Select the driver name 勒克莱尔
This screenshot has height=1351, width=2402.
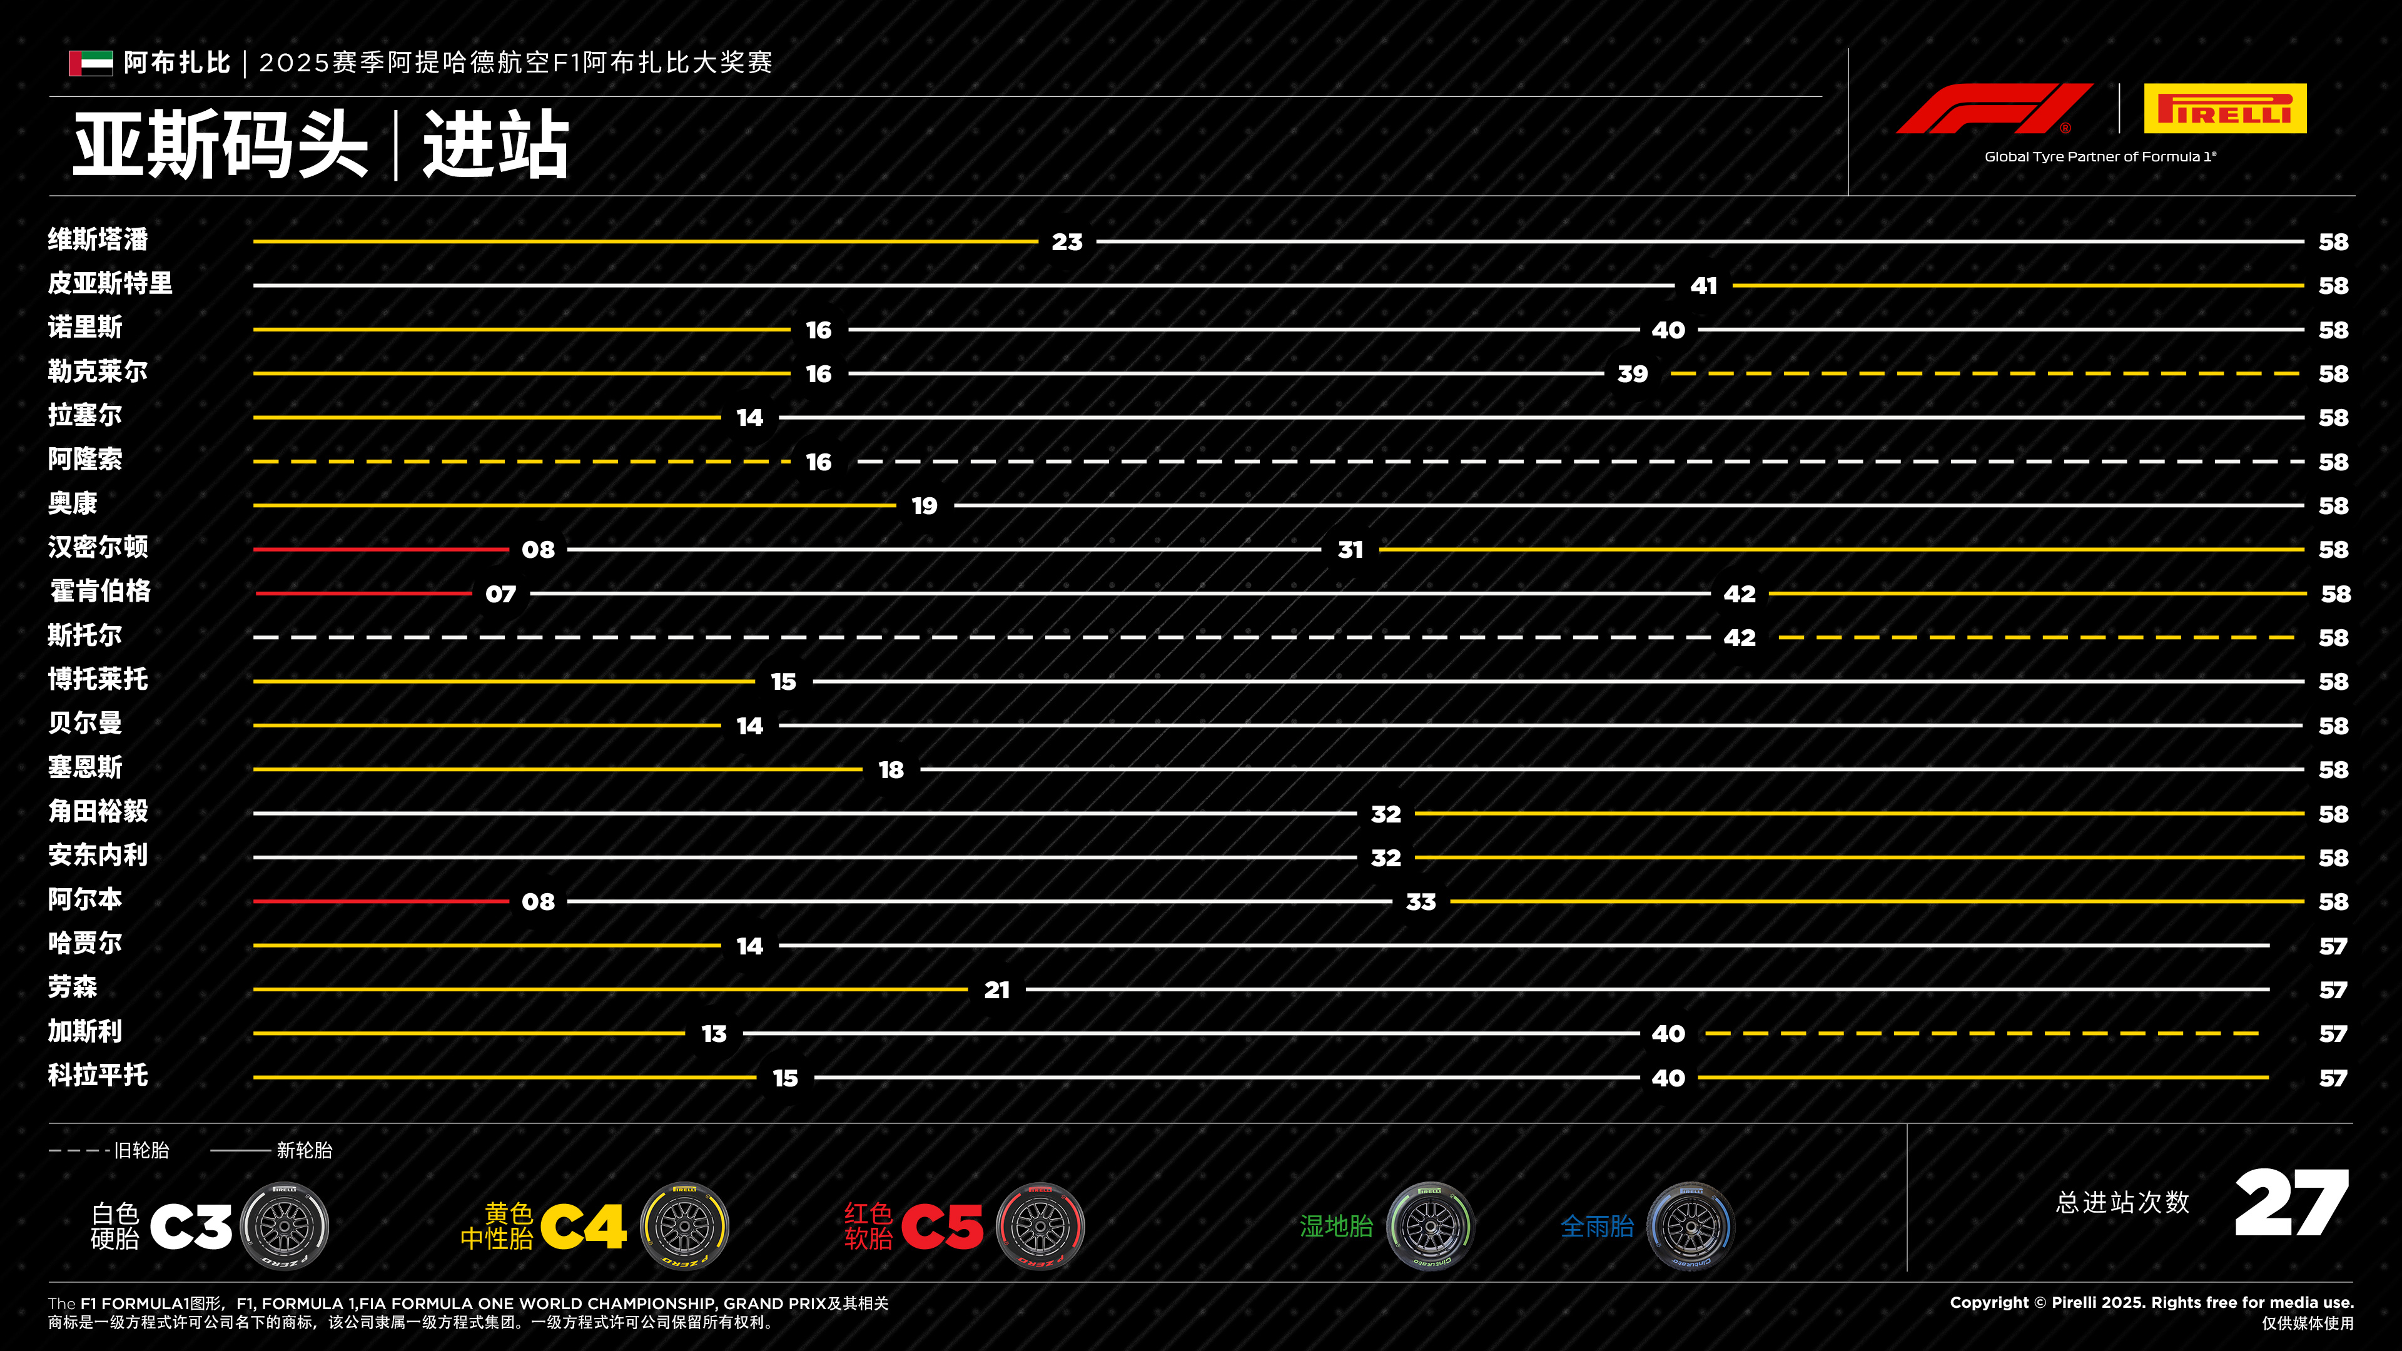coord(98,371)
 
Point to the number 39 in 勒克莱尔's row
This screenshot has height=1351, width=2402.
coord(1633,374)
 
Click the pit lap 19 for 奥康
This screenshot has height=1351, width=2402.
coord(924,506)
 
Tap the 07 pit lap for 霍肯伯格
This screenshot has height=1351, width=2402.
coord(500,594)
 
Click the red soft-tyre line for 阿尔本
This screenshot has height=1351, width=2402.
coord(382,901)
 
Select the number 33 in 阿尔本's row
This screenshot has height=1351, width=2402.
coord(1421,901)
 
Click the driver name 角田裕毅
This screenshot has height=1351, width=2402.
coord(98,811)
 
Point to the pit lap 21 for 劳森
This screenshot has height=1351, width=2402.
coord(997,990)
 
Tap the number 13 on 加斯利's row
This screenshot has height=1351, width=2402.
coord(714,1034)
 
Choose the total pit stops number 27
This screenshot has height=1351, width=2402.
coord(2292,1203)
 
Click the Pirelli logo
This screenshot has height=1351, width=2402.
coord(2225,109)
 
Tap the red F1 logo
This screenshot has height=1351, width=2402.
coord(1995,109)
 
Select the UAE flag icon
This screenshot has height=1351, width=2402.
coord(91,63)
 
